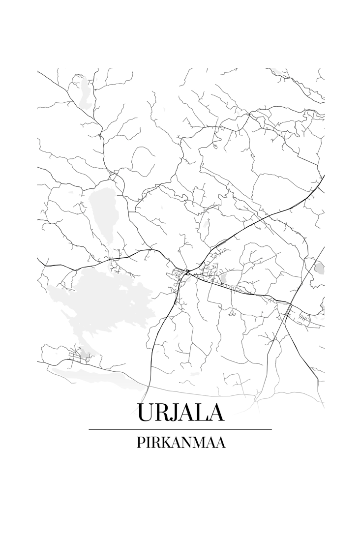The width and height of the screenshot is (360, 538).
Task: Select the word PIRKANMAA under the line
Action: (180, 443)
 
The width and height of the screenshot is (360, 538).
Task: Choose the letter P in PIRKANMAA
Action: (141, 443)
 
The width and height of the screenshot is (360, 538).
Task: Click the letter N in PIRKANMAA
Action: (186, 443)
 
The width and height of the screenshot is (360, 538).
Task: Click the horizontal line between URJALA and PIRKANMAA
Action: (180, 429)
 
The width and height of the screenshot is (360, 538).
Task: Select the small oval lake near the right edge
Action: (319, 268)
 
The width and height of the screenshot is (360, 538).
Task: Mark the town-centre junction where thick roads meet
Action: (187, 272)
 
